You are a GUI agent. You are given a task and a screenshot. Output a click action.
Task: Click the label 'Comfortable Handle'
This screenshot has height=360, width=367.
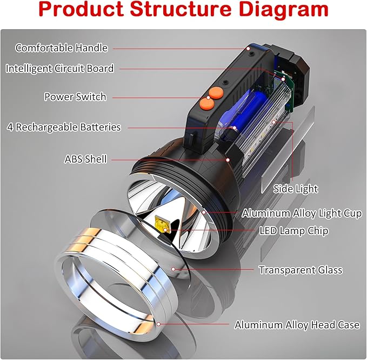click(x=62, y=48)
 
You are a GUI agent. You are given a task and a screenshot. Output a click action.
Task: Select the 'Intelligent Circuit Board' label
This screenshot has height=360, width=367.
click(x=59, y=69)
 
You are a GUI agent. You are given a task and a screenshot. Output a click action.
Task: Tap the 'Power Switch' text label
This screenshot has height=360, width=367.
click(x=75, y=97)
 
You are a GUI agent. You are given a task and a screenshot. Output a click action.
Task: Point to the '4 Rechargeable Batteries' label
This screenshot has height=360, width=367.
click(x=64, y=128)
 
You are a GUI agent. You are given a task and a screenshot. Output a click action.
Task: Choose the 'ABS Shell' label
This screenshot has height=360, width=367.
click(x=86, y=159)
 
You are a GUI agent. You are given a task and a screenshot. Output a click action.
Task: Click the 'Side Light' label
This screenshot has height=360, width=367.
click(x=296, y=189)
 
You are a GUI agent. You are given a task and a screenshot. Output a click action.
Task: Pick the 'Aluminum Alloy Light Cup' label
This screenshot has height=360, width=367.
click(x=302, y=213)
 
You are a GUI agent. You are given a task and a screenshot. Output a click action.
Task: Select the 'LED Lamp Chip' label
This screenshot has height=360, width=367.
click(x=293, y=231)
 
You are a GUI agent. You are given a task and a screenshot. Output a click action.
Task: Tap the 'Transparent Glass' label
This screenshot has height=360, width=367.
click(x=301, y=270)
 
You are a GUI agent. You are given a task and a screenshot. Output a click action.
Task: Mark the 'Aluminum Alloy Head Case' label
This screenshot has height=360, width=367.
click(x=297, y=325)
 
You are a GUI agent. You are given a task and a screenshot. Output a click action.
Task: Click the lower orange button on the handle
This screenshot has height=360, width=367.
click(x=205, y=103)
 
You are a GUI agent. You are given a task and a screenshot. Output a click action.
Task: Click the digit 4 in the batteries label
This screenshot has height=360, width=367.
click(x=10, y=128)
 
